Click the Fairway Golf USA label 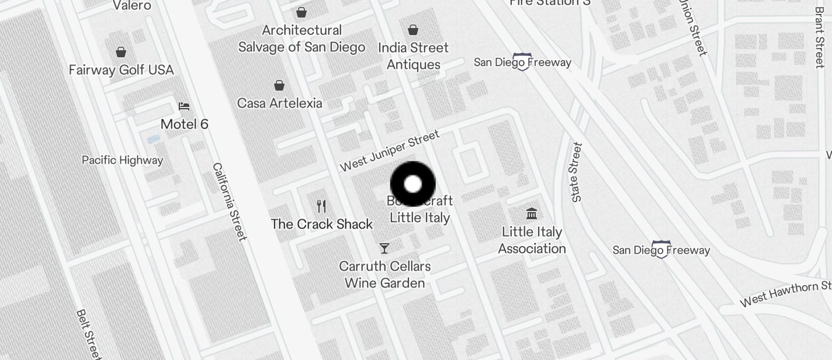click(x=121, y=70)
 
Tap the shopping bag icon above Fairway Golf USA click(x=121, y=52)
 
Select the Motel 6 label click(x=184, y=124)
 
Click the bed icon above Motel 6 click(x=184, y=106)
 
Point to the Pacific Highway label click(x=122, y=160)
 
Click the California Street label click(x=229, y=201)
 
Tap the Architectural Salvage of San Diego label click(x=301, y=39)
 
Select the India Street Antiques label click(x=413, y=56)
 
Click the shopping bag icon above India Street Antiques click(x=413, y=29)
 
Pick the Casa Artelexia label click(x=279, y=103)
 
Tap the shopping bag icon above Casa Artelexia click(x=280, y=85)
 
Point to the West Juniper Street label click(x=389, y=151)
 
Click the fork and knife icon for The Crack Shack click(x=321, y=206)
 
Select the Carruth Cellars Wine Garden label click(x=385, y=275)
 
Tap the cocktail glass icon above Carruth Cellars click(x=384, y=248)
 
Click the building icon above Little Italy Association click(x=532, y=213)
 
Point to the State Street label click(x=577, y=172)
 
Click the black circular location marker click(x=413, y=184)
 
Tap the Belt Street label click(x=89, y=334)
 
